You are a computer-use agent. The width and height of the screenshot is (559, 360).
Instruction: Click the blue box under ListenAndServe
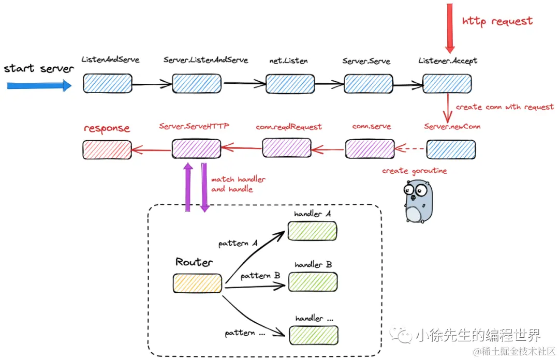(108, 83)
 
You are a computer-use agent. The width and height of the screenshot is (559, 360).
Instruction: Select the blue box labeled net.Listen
(290, 83)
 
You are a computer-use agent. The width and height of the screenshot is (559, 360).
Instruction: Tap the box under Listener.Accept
(447, 83)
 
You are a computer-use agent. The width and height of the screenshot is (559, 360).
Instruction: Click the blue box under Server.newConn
(450, 149)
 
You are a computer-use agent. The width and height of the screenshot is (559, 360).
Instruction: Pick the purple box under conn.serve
(370, 149)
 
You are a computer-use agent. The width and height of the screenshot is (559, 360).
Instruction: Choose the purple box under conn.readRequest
(286, 148)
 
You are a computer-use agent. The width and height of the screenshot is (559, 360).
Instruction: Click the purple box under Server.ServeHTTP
(196, 149)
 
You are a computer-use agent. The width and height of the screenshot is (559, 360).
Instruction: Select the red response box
(107, 149)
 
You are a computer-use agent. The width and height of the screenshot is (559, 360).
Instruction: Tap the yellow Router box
(197, 283)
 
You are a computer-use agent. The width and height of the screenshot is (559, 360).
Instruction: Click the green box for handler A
(313, 231)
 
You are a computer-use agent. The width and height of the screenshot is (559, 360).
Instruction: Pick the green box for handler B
(313, 282)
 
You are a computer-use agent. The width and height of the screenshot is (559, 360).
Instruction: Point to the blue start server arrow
(39, 85)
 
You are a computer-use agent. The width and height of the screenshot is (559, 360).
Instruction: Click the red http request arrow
(450, 28)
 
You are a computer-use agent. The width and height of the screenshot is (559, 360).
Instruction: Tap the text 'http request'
(497, 21)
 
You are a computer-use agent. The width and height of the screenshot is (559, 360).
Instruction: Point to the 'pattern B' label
(260, 276)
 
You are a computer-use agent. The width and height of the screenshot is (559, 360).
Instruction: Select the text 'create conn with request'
(504, 107)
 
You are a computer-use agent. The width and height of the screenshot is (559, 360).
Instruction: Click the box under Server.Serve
(368, 83)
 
